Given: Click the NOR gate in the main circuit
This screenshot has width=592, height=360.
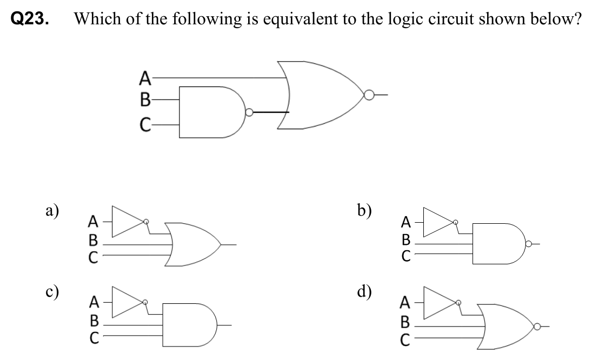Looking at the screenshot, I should coord(319,96).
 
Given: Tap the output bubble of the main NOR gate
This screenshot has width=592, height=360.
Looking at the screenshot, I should coord(369,96).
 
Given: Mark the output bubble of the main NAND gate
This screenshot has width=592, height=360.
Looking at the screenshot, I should coord(249,113).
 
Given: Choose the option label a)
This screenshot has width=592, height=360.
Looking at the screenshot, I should coord(52,210).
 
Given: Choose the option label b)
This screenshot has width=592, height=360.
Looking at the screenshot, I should coord(364,209).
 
